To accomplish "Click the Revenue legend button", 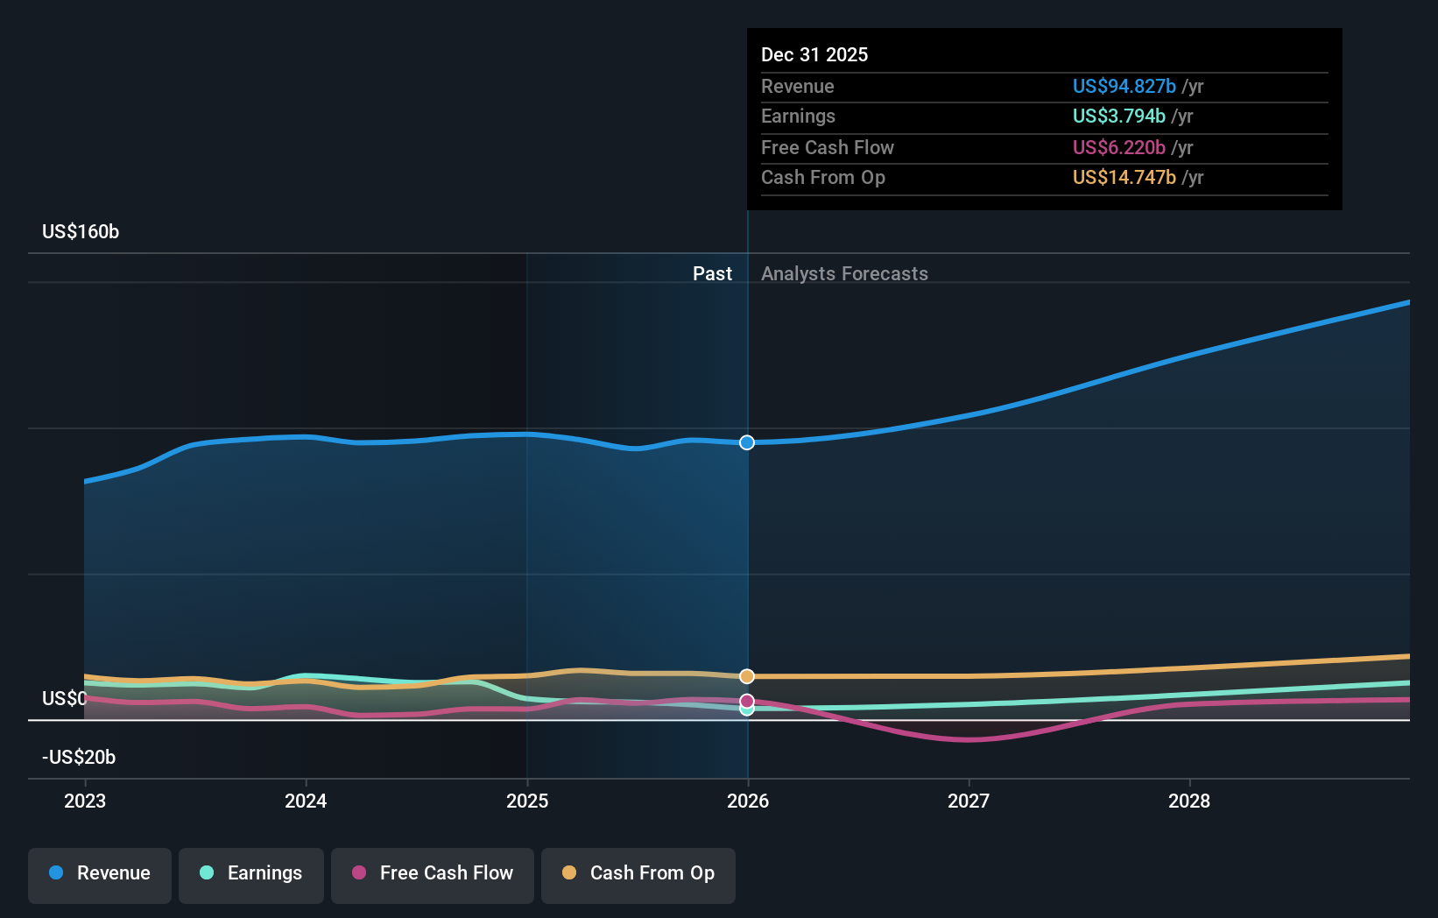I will click(100, 874).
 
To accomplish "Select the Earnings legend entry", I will click(251, 874).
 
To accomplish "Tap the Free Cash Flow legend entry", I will click(433, 874).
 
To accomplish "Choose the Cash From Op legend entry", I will click(638, 874).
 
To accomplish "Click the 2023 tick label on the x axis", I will click(85, 801).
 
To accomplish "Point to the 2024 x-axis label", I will click(306, 801).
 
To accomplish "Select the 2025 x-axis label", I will click(527, 801).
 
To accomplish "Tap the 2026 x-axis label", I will click(748, 801).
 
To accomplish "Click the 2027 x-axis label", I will click(969, 801).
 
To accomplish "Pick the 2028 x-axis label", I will click(1189, 801).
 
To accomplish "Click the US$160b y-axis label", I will click(81, 232).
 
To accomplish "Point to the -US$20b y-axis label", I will click(79, 757).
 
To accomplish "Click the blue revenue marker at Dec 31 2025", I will click(747, 442).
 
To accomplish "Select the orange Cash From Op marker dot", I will click(747, 676).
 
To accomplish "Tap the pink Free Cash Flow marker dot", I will click(747, 701).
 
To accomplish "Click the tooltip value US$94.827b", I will click(1124, 86).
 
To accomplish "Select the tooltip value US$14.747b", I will click(1124, 178).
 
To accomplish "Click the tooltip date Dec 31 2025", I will click(814, 55).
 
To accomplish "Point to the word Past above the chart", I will click(712, 274).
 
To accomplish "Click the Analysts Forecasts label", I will click(844, 274).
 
